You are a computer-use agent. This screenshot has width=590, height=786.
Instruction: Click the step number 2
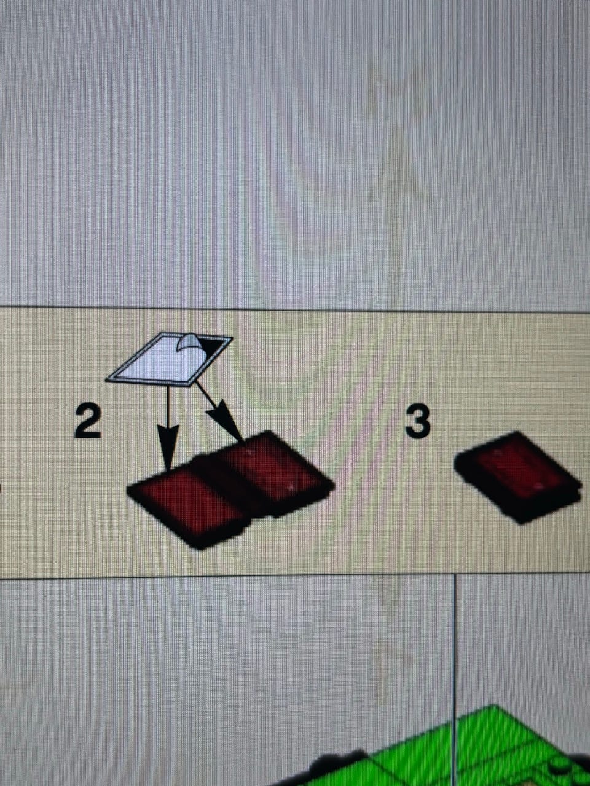point(88,423)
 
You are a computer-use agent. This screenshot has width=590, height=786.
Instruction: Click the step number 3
point(417,422)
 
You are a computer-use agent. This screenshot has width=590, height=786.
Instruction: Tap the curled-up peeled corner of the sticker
point(190,343)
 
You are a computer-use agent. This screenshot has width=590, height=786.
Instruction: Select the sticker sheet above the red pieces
point(168,359)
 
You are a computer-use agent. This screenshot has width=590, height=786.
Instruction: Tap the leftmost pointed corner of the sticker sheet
point(106,379)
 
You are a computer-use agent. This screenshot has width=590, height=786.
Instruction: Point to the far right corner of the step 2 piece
point(334,486)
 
